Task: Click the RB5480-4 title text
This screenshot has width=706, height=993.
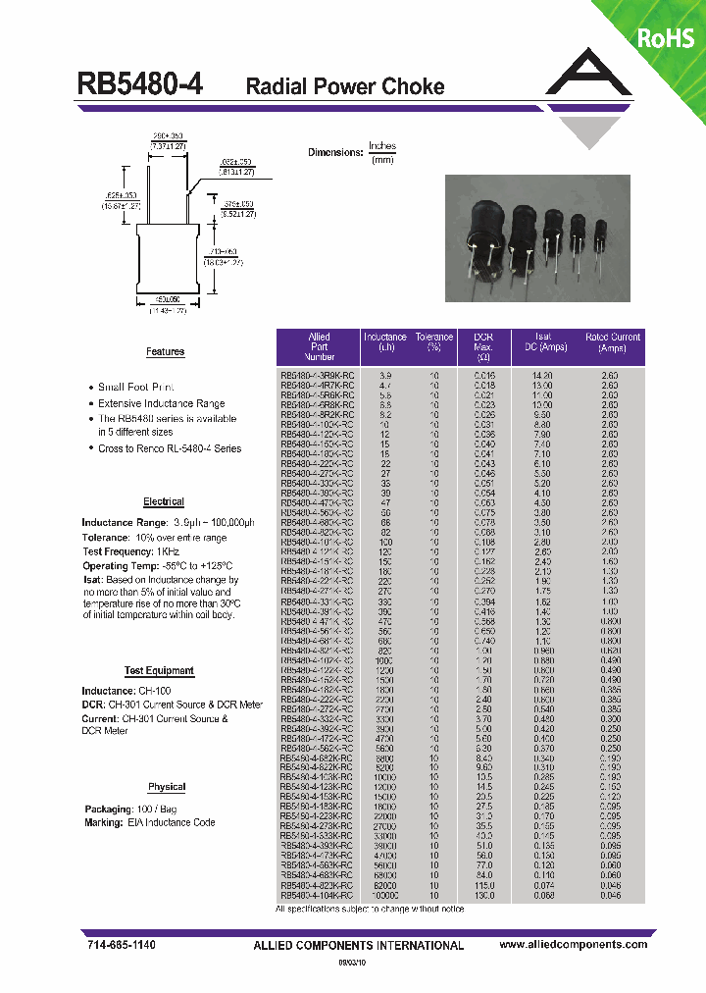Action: pyautogui.click(x=140, y=85)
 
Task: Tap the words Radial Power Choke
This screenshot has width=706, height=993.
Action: pyautogui.click(x=344, y=86)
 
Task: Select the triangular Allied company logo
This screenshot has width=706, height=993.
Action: pyautogui.click(x=587, y=98)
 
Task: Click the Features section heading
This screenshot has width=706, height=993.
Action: pyautogui.click(x=165, y=351)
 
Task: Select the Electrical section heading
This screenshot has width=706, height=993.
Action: pyautogui.click(x=164, y=501)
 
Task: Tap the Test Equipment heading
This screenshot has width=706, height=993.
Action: pyautogui.click(x=159, y=671)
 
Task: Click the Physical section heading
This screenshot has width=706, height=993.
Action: pyautogui.click(x=167, y=787)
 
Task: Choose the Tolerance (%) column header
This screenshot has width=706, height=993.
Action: pyautogui.click(x=433, y=342)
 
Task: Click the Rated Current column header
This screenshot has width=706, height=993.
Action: pyautogui.click(x=612, y=342)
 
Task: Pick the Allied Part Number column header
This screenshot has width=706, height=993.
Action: pyautogui.click(x=320, y=347)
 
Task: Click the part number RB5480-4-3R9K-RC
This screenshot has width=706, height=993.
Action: pyautogui.click(x=319, y=376)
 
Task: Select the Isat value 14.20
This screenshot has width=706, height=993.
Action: pyautogui.click(x=542, y=376)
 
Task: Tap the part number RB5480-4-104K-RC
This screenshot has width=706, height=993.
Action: pyautogui.click(x=319, y=896)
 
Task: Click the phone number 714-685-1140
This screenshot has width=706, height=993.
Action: pyautogui.click(x=116, y=944)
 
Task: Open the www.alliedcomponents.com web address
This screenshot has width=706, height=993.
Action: pyautogui.click(x=573, y=944)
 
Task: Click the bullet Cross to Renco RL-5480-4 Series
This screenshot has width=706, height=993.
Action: pyautogui.click(x=170, y=448)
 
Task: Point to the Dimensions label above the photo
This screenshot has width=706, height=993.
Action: pyautogui.click(x=334, y=152)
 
